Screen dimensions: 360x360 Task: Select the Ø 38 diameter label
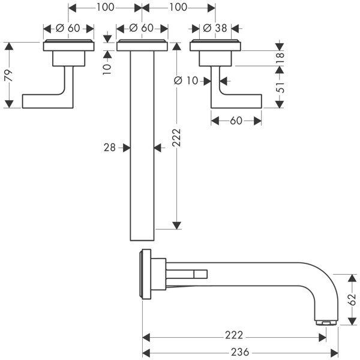pyautogui.click(x=215, y=28)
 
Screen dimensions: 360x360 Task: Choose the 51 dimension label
pyautogui.click(x=280, y=88)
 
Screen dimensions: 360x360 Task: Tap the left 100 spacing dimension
pyautogui.click(x=104, y=8)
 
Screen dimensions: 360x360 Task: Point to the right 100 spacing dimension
pyautogui.click(x=178, y=8)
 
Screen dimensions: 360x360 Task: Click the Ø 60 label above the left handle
pyautogui.click(x=68, y=28)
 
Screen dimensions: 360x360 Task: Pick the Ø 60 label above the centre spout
pyautogui.click(x=142, y=28)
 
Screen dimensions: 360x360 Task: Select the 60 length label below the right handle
pyautogui.click(x=236, y=121)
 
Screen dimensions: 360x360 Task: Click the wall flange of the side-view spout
pyautogui.click(x=144, y=273)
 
